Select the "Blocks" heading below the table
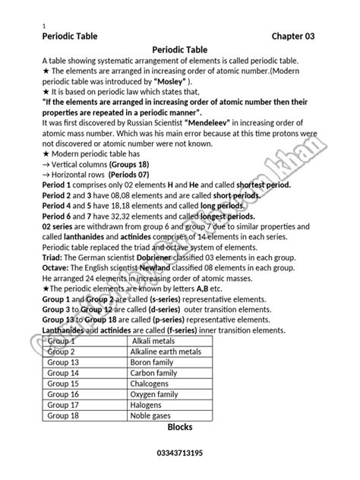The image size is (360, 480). coord(180,428)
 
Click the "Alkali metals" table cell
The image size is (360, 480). coord(155,341)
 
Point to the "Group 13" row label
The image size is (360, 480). coord(64,362)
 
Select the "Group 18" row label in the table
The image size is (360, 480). coord(64,416)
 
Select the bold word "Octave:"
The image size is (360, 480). coord(60,268)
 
